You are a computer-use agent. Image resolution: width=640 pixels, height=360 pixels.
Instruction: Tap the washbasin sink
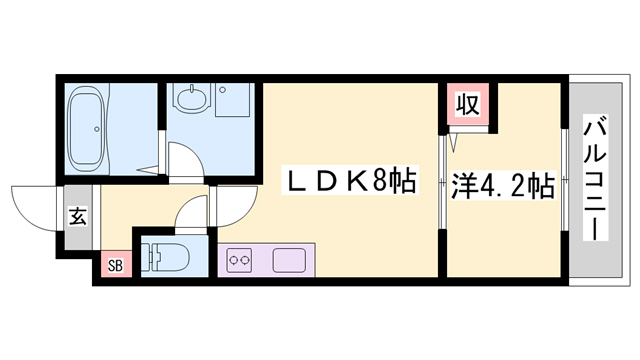(191, 99)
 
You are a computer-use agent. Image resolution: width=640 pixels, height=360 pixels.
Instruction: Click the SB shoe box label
(114, 266)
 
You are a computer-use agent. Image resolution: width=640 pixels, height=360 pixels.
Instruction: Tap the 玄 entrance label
(77, 214)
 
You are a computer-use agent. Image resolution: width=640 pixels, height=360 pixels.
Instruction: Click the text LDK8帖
(351, 184)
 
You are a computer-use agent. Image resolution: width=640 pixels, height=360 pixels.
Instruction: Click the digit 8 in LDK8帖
(383, 184)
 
